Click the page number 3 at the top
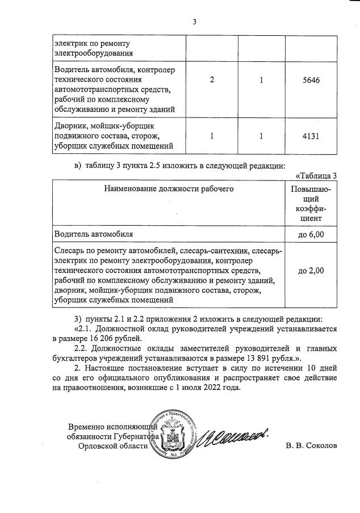(x=194, y=23)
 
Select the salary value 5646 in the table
(x=311, y=80)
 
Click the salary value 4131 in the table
(x=311, y=136)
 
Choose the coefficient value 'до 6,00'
(x=311, y=233)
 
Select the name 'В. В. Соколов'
(x=311, y=445)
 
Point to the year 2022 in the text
(x=214, y=389)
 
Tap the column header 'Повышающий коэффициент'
(x=311, y=203)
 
